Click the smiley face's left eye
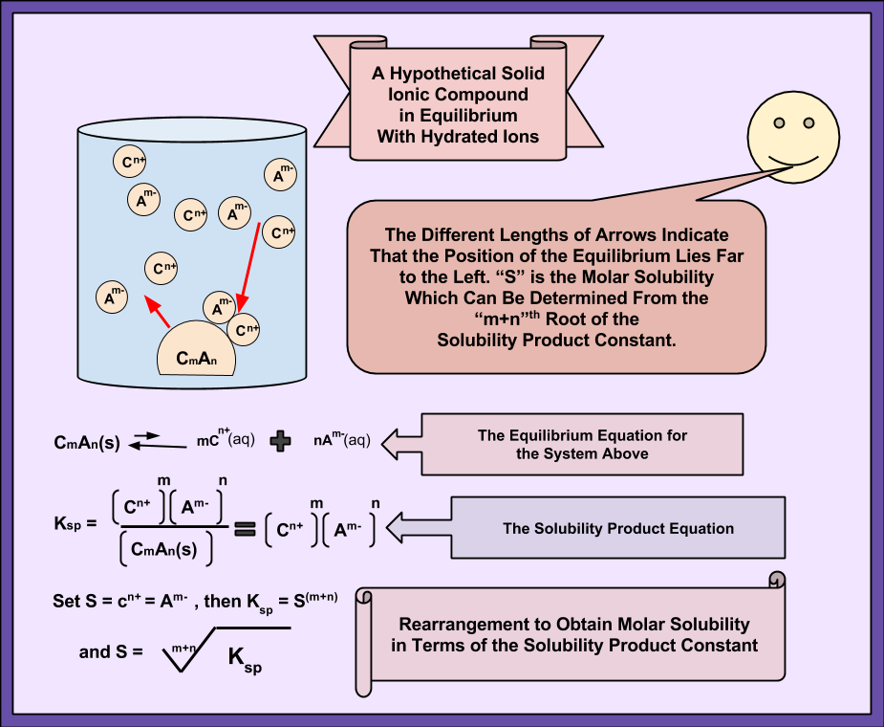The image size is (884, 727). click(779, 122)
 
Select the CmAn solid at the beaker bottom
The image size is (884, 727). click(198, 356)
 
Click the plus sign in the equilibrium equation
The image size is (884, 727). click(280, 442)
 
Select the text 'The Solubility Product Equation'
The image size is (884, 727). click(618, 528)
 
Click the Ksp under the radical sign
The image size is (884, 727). click(245, 658)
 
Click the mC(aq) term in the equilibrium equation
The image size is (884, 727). click(226, 441)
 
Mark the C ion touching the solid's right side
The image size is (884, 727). click(247, 329)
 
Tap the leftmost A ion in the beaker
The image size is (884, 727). click(113, 296)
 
